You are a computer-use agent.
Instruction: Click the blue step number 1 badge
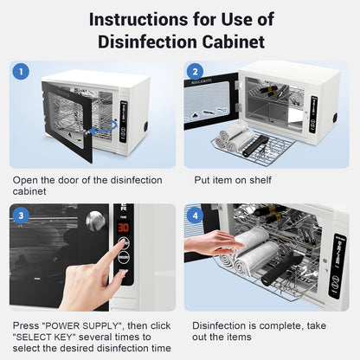point(22,72)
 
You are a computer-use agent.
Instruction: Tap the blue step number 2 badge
point(196,72)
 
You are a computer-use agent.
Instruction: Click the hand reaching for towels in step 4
point(208,245)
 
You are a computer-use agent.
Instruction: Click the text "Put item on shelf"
point(231,181)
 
